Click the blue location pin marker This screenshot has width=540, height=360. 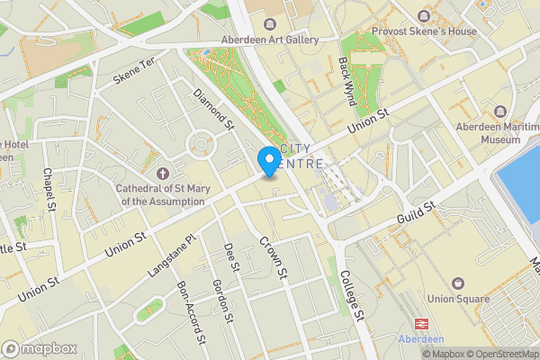click(x=269, y=161)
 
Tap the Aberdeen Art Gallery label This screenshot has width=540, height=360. click(x=270, y=40)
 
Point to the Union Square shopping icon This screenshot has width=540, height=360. click(x=458, y=283)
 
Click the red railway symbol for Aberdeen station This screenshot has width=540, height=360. click(x=420, y=323)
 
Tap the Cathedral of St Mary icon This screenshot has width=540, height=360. click(x=162, y=173)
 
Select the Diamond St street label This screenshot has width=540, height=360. click(x=214, y=108)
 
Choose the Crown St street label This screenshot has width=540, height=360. click(x=272, y=256)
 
